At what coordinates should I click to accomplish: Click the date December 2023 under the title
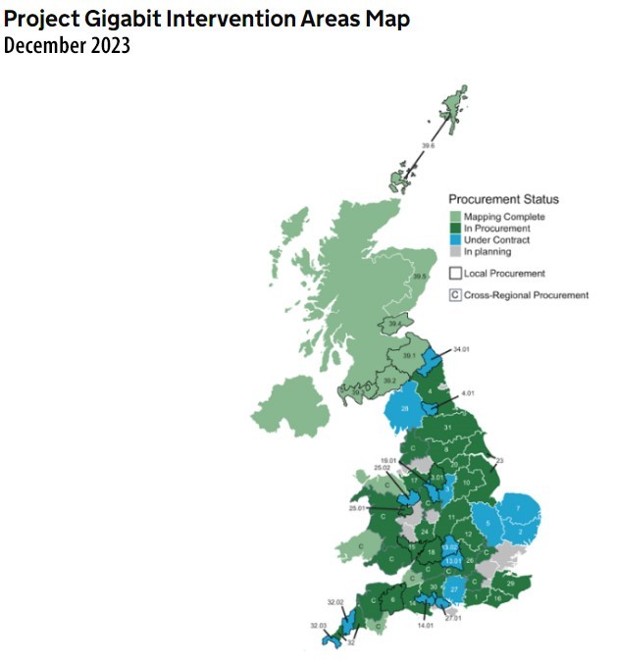click(67, 45)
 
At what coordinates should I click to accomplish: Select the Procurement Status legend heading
click(503, 199)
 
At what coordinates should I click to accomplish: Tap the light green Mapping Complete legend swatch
click(456, 217)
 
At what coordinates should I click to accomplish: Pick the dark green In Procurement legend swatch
click(456, 229)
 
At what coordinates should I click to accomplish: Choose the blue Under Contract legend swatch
click(456, 240)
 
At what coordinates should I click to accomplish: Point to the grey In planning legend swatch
click(456, 252)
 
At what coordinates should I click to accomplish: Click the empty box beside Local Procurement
click(456, 274)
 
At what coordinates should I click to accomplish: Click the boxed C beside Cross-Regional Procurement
click(456, 294)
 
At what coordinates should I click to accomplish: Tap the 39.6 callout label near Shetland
click(428, 145)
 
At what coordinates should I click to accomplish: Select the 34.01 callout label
click(462, 349)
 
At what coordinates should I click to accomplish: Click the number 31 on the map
click(447, 427)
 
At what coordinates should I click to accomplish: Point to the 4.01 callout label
click(468, 394)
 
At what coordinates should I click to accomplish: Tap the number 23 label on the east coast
click(498, 460)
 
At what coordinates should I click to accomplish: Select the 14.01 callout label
click(425, 625)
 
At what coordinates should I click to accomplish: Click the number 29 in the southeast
click(510, 584)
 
